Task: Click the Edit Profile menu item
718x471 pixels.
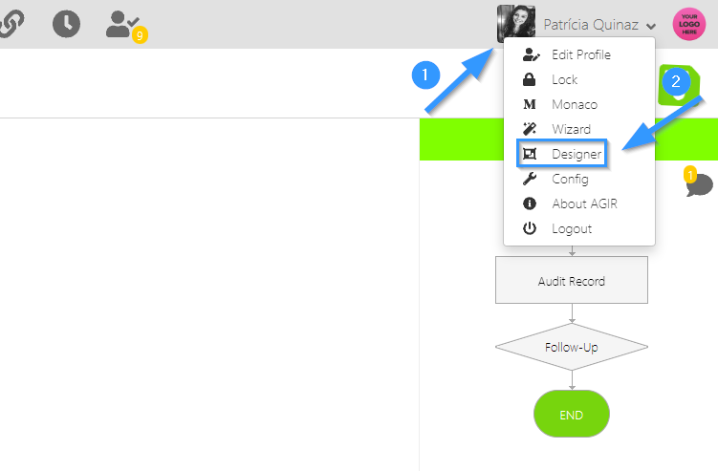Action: pyautogui.click(x=580, y=54)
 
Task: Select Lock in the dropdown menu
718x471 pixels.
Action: pyautogui.click(x=564, y=79)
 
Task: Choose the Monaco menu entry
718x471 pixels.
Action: pyautogui.click(x=574, y=104)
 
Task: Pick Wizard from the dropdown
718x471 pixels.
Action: pyautogui.click(x=571, y=129)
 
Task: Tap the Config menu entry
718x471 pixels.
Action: pyautogui.click(x=570, y=179)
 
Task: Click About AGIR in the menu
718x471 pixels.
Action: pyautogui.click(x=584, y=203)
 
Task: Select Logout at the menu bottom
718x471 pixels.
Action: pyautogui.click(x=572, y=228)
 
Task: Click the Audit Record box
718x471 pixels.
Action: pyautogui.click(x=572, y=281)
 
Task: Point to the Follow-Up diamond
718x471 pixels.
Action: pyautogui.click(x=572, y=347)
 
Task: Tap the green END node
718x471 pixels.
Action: pyautogui.click(x=572, y=415)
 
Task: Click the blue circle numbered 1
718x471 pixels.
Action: pyautogui.click(x=425, y=75)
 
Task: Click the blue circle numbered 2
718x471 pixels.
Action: pyautogui.click(x=676, y=81)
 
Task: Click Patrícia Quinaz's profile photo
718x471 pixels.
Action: pyautogui.click(x=515, y=24)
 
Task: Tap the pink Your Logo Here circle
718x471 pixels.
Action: pyautogui.click(x=689, y=24)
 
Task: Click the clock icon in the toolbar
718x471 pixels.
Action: pyautogui.click(x=66, y=24)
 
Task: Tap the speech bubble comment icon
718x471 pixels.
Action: pyautogui.click(x=699, y=183)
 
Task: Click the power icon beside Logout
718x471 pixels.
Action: pyautogui.click(x=530, y=228)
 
